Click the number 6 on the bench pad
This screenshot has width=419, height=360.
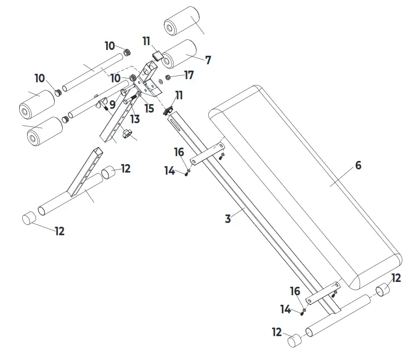(358, 166)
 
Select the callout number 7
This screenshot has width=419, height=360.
(208, 61)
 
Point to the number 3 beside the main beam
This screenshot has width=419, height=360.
(228, 219)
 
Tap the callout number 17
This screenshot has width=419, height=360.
(189, 75)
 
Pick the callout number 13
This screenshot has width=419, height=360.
(135, 119)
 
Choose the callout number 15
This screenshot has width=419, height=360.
(149, 108)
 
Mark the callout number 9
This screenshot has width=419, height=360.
(112, 105)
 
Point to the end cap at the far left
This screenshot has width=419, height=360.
(29, 219)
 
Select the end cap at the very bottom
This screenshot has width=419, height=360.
(295, 340)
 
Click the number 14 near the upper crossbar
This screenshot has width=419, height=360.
(169, 171)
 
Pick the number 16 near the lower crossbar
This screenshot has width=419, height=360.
(295, 292)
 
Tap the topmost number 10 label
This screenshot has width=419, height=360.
(109, 46)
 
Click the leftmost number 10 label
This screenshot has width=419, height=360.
(40, 79)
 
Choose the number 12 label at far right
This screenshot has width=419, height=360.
(396, 278)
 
